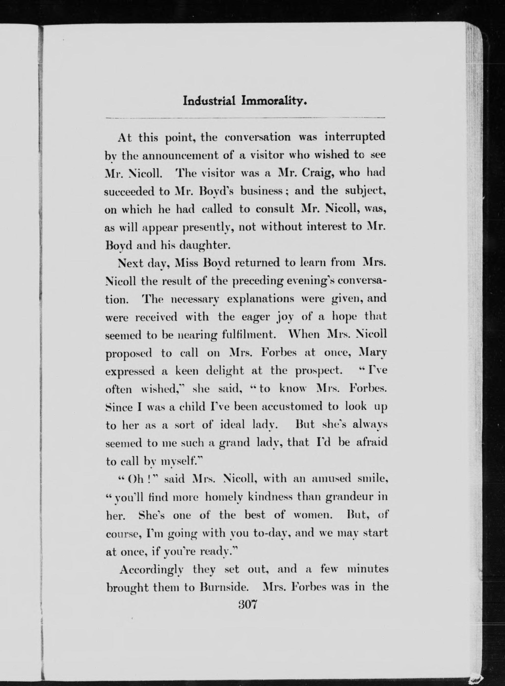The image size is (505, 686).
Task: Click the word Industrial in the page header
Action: coord(209,101)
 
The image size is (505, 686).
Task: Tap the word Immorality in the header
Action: coord(274,101)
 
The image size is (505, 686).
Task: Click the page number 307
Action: coord(248,604)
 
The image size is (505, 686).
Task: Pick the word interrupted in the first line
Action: coord(355,137)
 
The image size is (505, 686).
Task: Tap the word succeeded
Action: coord(129,191)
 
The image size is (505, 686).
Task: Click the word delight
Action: coord(225,371)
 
